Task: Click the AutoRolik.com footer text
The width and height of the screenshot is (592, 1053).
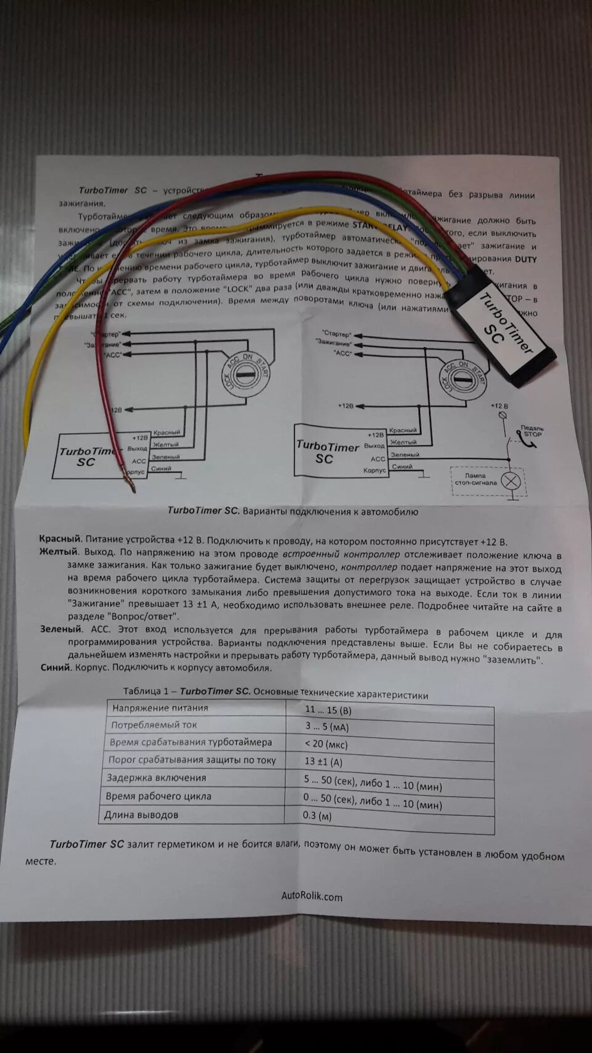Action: click(311, 896)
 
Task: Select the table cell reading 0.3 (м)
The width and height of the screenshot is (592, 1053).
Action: click(318, 816)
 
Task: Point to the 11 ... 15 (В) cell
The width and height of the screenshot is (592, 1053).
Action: click(328, 710)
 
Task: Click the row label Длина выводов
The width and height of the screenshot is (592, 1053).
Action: click(141, 815)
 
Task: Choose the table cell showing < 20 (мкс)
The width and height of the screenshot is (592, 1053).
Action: click(326, 744)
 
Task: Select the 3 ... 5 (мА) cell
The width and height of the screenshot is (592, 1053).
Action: click(327, 727)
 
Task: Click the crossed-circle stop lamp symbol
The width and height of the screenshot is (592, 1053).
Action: click(511, 481)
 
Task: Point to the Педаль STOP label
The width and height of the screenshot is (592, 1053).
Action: click(532, 431)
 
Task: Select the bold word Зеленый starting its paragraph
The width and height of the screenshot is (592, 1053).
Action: click(60, 629)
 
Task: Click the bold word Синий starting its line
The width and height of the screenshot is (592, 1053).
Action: click(54, 667)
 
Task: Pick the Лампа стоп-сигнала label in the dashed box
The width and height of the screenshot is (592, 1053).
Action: click(475, 479)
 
